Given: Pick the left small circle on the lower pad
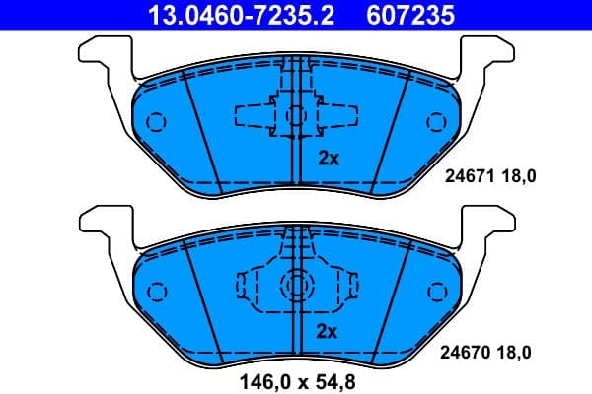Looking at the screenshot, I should (x=155, y=293).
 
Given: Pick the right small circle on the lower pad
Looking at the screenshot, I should (x=436, y=293).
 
